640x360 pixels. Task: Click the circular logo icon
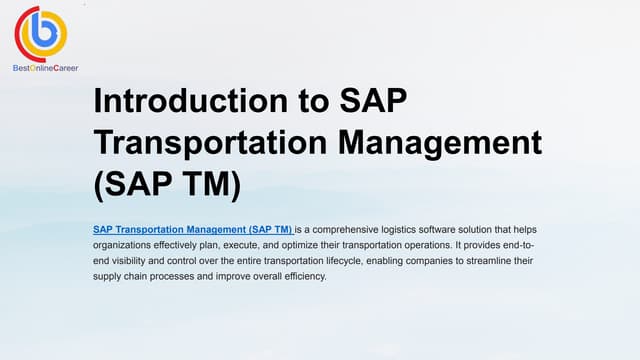(x=41, y=33)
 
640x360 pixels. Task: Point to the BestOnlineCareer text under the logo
(x=45, y=68)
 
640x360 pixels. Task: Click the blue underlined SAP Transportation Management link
(x=192, y=229)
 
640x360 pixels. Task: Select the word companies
(x=438, y=261)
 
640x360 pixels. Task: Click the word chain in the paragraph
(x=141, y=277)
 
